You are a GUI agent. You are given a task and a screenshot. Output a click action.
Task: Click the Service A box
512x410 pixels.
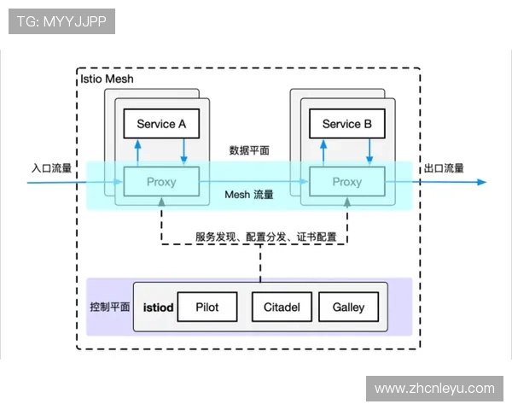(161, 124)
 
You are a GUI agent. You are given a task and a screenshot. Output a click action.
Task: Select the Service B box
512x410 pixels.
(346, 124)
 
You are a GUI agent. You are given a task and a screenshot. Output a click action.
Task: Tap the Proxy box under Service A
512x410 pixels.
(161, 182)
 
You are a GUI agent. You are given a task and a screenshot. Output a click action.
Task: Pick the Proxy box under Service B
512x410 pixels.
(346, 182)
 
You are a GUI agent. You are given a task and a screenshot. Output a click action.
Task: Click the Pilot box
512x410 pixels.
(207, 307)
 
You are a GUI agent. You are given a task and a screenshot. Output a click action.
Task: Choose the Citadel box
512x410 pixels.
(282, 307)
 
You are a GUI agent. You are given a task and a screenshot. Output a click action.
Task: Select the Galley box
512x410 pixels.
(348, 307)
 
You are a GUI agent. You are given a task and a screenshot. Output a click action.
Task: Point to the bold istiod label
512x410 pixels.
(159, 307)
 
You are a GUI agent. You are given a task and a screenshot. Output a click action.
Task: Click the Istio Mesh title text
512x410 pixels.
(106, 79)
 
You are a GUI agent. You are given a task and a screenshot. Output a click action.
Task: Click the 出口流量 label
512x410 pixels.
(444, 167)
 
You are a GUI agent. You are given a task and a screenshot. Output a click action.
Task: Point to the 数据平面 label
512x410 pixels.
(249, 150)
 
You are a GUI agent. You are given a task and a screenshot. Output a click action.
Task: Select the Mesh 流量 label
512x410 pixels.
(249, 195)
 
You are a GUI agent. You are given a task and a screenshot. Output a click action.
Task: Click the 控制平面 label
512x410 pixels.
(109, 307)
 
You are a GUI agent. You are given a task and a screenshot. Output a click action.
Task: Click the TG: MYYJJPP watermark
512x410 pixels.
(61, 21)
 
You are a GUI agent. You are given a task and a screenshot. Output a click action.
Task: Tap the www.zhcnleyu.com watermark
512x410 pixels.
(434, 389)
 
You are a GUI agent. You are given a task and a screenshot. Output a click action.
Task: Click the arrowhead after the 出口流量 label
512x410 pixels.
(481, 182)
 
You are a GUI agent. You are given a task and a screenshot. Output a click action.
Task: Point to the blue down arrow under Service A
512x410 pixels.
(183, 150)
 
